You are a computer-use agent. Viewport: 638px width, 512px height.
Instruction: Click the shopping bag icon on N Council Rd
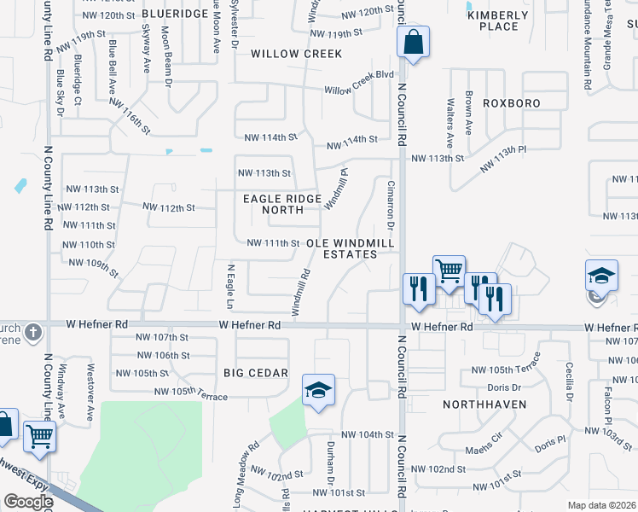pos(413,42)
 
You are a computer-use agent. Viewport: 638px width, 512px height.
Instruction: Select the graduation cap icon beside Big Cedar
pos(319,391)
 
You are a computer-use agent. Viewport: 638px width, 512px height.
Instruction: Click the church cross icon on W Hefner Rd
pos(33,331)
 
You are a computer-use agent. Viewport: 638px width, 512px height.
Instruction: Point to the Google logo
pos(27,502)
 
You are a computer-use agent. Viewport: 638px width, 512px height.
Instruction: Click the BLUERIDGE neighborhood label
pos(175,15)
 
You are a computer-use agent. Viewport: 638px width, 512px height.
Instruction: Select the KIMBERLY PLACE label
pos(498,21)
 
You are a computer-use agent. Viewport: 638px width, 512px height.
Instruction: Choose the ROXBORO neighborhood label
pos(512,102)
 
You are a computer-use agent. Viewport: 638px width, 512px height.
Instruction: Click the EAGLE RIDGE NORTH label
pos(282,204)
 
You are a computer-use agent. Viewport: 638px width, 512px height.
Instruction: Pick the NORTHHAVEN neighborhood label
pos(484,404)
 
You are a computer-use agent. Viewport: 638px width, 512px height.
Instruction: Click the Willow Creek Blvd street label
pos(358,90)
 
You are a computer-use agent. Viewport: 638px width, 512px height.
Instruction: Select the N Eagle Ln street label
pos(230,286)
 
